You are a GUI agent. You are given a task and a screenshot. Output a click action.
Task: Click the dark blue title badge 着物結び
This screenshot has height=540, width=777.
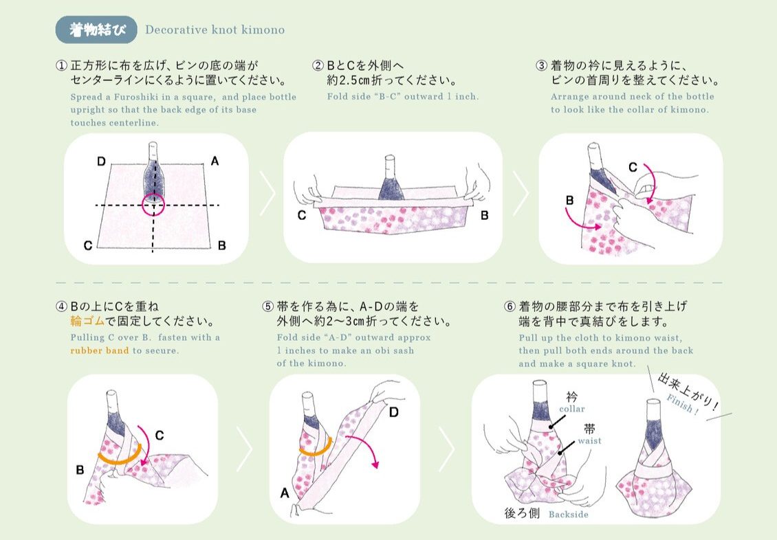pos(97,30)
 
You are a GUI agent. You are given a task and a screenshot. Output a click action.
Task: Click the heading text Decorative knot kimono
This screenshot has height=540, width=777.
pos(215,30)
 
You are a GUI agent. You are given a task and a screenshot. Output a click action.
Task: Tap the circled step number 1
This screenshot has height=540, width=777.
pos(61,65)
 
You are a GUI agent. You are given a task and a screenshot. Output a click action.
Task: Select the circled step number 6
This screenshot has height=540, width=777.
pos(510,306)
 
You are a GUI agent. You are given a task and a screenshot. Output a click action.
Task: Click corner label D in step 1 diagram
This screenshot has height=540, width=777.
pos(101,161)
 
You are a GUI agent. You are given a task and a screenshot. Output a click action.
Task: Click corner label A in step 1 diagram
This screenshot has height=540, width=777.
pos(215,161)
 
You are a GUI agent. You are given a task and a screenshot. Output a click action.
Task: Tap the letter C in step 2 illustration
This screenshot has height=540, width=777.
pos(302,215)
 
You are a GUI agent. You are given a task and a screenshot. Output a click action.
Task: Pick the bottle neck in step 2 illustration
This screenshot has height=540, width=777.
pos(390,169)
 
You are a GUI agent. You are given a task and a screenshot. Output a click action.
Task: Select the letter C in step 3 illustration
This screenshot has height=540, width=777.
pos(633,168)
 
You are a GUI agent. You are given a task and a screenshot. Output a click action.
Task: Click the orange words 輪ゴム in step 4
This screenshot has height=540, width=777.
pos(88,322)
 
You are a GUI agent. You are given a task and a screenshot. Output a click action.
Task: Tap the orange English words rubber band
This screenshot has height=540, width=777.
pos(100,350)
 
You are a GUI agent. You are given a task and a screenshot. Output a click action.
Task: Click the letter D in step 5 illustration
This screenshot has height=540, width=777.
pos(394,412)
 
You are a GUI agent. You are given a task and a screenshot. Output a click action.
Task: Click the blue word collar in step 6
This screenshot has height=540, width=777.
pos(572,409)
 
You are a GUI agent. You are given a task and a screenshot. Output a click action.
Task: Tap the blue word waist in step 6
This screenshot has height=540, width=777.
pos(590,440)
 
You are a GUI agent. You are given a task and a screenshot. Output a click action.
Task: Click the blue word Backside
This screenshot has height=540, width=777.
pos(569,515)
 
